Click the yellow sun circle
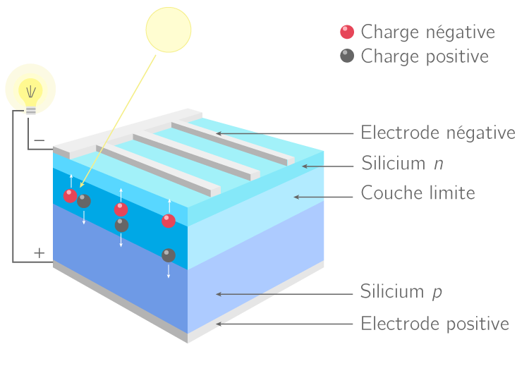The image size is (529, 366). [168, 29]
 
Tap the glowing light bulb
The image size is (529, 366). [30, 91]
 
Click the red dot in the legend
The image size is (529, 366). [346, 32]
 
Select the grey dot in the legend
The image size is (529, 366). [346, 56]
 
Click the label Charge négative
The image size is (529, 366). [427, 32]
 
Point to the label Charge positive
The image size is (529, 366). [425, 56]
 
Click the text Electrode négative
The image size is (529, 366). [438, 133]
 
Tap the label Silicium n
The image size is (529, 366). [403, 164]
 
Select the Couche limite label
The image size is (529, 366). [418, 193]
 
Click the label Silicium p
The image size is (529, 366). [401, 291]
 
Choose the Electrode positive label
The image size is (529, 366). [434, 324]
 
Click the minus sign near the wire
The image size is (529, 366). [39, 140]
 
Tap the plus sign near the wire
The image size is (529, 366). [39, 252]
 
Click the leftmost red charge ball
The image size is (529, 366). [70, 196]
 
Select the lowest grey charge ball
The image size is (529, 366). [169, 255]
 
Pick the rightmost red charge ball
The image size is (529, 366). [169, 221]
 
